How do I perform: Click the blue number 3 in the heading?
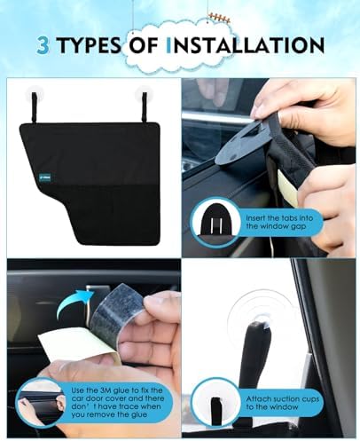coord(43,45)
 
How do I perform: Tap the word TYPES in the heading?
coord(89,45)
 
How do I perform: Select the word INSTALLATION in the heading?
coord(245,45)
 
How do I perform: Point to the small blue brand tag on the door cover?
coord(45,177)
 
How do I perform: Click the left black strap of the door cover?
coord(35,107)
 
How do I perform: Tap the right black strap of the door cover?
coord(145,107)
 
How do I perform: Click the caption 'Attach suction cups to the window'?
coord(283,403)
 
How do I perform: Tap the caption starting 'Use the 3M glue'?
coord(116,402)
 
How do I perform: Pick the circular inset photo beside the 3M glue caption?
coord(41,403)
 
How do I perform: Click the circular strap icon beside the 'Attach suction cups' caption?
coord(215,403)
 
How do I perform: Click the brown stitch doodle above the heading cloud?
coord(219,18)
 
